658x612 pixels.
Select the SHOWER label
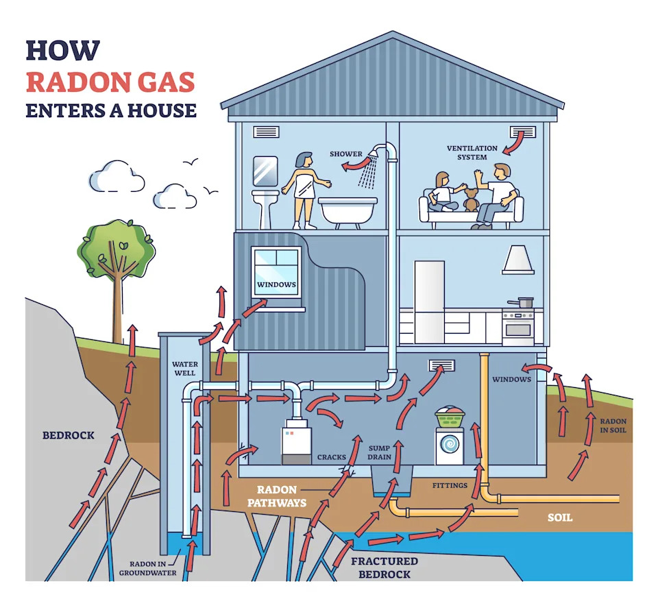pos(345,154)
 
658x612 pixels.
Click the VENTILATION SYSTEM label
pos(467,152)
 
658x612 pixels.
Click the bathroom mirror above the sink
pos(265,171)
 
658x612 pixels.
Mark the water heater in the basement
pos(297,444)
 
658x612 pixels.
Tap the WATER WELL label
pos(184,368)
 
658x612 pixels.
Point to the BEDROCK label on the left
pos(68,434)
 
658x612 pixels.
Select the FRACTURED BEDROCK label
pos(384,567)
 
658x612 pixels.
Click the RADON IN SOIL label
pos(612,426)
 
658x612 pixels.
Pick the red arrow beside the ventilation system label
pos(513,143)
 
